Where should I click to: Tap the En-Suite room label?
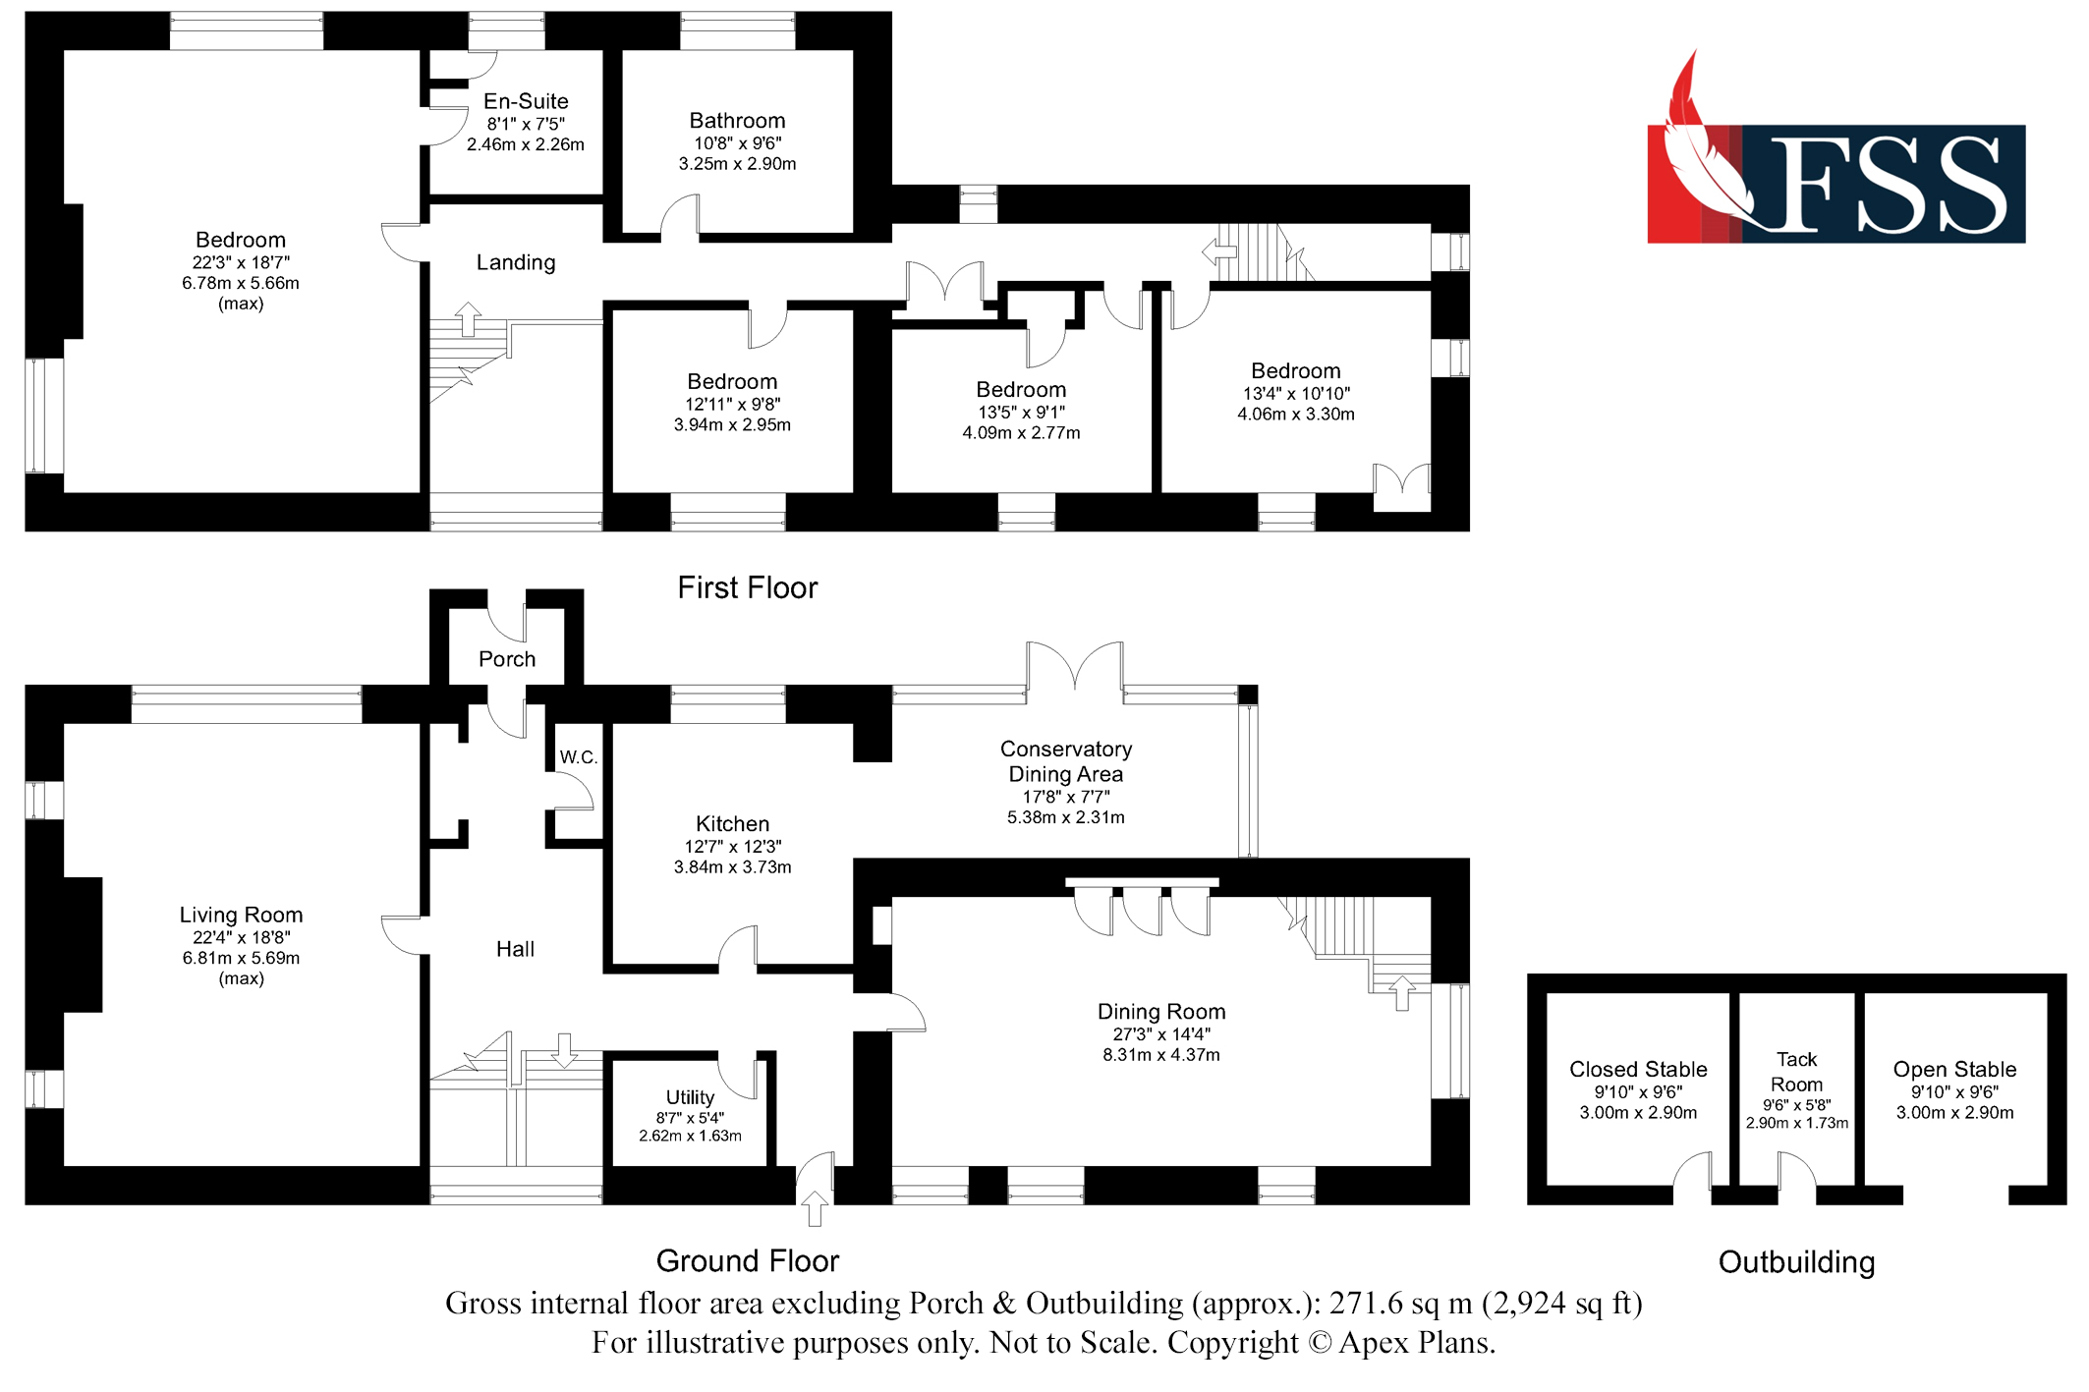pyautogui.click(x=526, y=101)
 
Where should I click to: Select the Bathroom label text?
pyautogui.click(x=737, y=121)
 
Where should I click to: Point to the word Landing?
pyautogui.click(x=516, y=262)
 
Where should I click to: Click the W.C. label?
pyautogui.click(x=579, y=757)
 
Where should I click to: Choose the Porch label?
pyautogui.click(x=507, y=659)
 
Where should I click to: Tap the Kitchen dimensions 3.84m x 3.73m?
pyautogui.click(x=732, y=867)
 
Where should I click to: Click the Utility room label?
pyautogui.click(x=690, y=1097)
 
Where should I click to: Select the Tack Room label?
pyautogui.click(x=1796, y=1072)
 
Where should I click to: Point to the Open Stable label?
pyautogui.click(x=1954, y=1069)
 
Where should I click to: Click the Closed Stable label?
pyautogui.click(x=1638, y=1069)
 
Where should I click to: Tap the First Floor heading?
pyautogui.click(x=748, y=587)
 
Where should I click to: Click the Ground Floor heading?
pyautogui.click(x=748, y=1260)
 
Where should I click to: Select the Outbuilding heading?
pyautogui.click(x=1796, y=1262)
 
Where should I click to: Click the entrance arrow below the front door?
pyautogui.click(x=815, y=1208)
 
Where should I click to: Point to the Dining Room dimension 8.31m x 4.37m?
pyautogui.click(x=1161, y=1055)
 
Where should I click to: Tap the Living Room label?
pyautogui.click(x=241, y=915)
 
